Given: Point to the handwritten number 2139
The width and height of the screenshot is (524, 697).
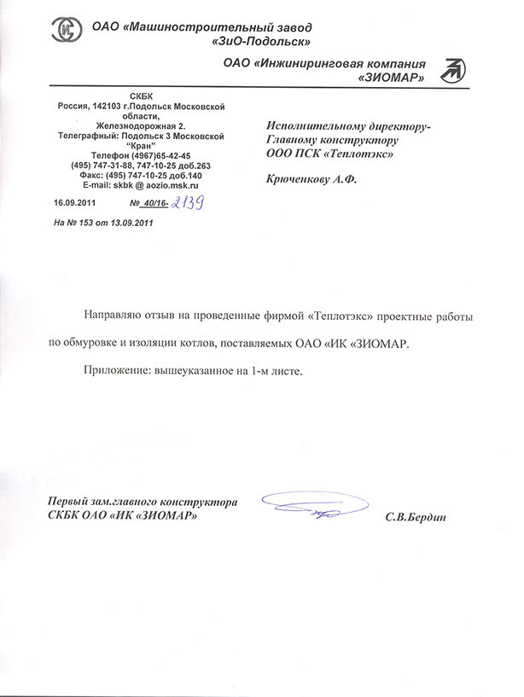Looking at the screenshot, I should (x=189, y=202).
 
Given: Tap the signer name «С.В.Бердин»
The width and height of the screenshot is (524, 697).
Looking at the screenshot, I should (x=416, y=517).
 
